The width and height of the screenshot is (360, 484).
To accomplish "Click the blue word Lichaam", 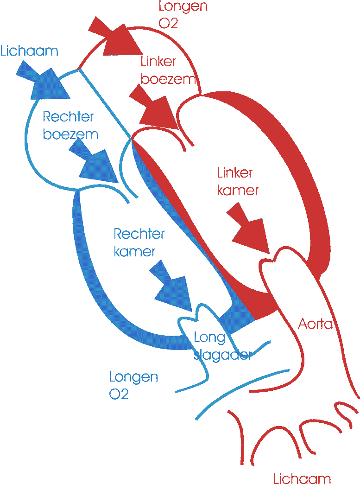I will tap(30, 51).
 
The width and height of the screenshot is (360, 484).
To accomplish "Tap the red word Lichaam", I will tap(302, 478).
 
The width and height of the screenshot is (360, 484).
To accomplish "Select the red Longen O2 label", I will tap(183, 15).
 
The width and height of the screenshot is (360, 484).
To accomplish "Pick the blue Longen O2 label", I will tap(133, 385).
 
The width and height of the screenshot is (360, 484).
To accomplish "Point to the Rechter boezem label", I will tap(70, 125).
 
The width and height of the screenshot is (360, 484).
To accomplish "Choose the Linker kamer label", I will tap(237, 181).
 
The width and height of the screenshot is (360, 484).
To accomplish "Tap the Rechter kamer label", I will tap(139, 242).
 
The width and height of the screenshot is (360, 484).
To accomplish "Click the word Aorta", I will tap(316, 324).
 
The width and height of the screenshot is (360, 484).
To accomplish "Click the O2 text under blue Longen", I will tap(119, 394).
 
